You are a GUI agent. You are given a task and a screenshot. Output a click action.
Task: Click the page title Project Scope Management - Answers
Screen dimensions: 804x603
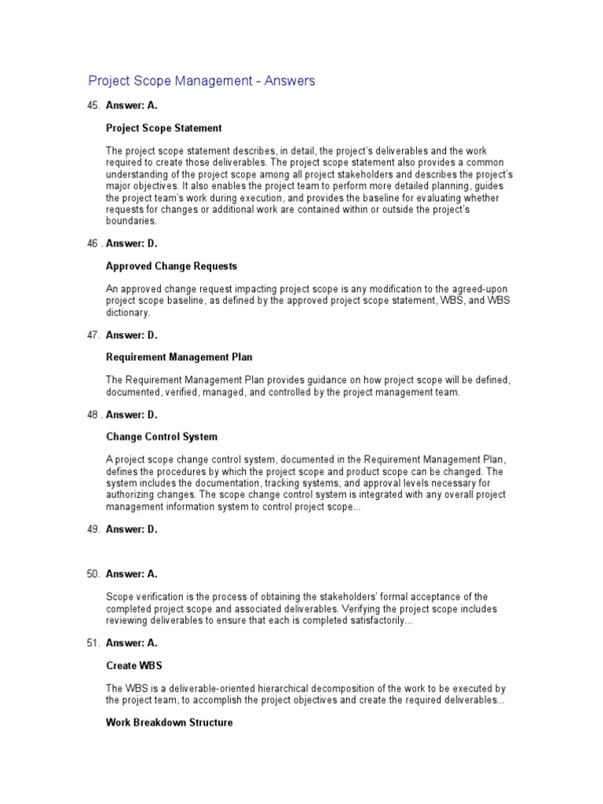pyautogui.click(x=201, y=81)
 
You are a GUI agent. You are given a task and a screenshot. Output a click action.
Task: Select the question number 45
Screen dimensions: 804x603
pyautogui.click(x=93, y=106)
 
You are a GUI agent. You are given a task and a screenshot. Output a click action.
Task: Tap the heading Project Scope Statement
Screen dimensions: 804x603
pyautogui.click(x=163, y=128)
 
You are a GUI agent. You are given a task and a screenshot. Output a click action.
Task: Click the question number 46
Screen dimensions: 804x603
pyautogui.click(x=93, y=243)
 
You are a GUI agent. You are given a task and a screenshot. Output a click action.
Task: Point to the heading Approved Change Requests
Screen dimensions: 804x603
pyautogui.click(x=171, y=266)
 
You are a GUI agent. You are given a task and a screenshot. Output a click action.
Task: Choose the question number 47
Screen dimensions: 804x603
pyautogui.click(x=93, y=335)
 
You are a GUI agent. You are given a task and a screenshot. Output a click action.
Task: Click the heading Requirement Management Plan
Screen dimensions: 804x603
pyautogui.click(x=179, y=357)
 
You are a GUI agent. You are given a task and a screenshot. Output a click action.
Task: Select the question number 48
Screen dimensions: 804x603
pyautogui.click(x=93, y=414)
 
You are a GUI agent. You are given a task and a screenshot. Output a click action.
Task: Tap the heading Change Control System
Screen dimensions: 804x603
pyautogui.click(x=162, y=437)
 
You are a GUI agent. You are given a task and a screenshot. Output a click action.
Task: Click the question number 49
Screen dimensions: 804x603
pyautogui.click(x=93, y=529)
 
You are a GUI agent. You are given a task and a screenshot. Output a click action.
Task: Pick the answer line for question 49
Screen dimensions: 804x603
pyautogui.click(x=132, y=529)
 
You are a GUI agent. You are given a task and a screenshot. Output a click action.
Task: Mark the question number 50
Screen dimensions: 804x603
pyautogui.click(x=93, y=574)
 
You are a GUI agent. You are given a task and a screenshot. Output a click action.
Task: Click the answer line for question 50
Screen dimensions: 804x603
pyautogui.click(x=132, y=574)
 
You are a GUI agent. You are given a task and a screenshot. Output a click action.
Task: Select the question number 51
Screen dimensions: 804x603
pyautogui.click(x=93, y=643)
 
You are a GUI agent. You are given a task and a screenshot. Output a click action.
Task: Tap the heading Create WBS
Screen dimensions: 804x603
pyautogui.click(x=133, y=665)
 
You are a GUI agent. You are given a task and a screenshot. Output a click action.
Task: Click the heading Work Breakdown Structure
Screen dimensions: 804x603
pyautogui.click(x=169, y=722)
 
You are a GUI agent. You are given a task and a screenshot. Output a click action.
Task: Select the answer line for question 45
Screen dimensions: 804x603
pyautogui.click(x=132, y=106)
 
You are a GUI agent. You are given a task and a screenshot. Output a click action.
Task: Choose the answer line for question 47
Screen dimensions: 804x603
pyautogui.click(x=132, y=335)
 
